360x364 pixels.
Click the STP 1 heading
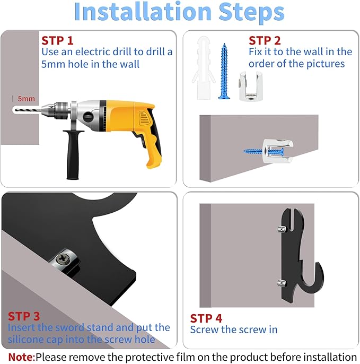point(57,41)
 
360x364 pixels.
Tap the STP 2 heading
point(265,41)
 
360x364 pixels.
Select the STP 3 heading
point(24,316)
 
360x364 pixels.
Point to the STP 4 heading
point(206,318)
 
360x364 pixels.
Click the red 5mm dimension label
point(26,99)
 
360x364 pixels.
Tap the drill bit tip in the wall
point(14,109)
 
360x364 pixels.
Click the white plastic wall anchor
point(204,68)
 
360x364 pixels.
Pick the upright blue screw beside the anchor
point(224,71)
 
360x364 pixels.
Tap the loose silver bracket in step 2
point(251,86)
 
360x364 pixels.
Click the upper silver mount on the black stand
point(282,229)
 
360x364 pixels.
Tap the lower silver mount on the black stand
point(282,283)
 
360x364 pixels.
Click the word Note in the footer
point(21,357)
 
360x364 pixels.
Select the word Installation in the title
point(143,12)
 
